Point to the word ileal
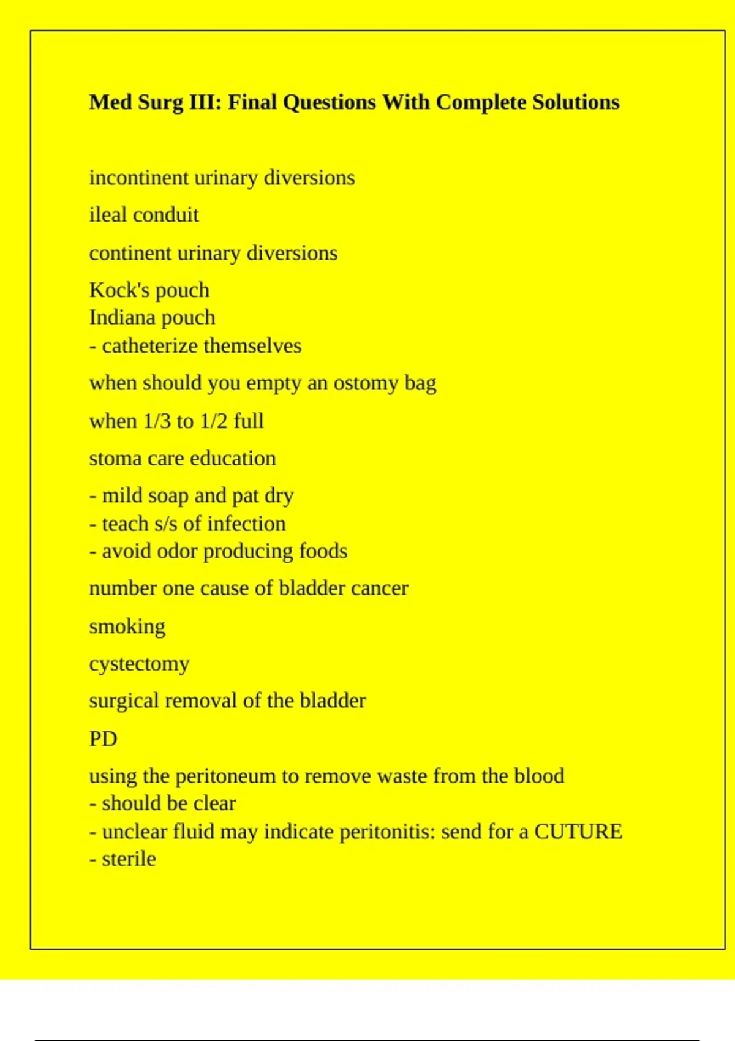pos(108,215)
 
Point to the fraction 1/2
pos(214,421)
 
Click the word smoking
pos(127,626)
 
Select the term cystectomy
pos(139,664)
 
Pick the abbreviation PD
pos(103,738)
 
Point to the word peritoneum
pos(225,776)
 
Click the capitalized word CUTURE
pos(578,832)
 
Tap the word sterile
pos(129,859)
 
